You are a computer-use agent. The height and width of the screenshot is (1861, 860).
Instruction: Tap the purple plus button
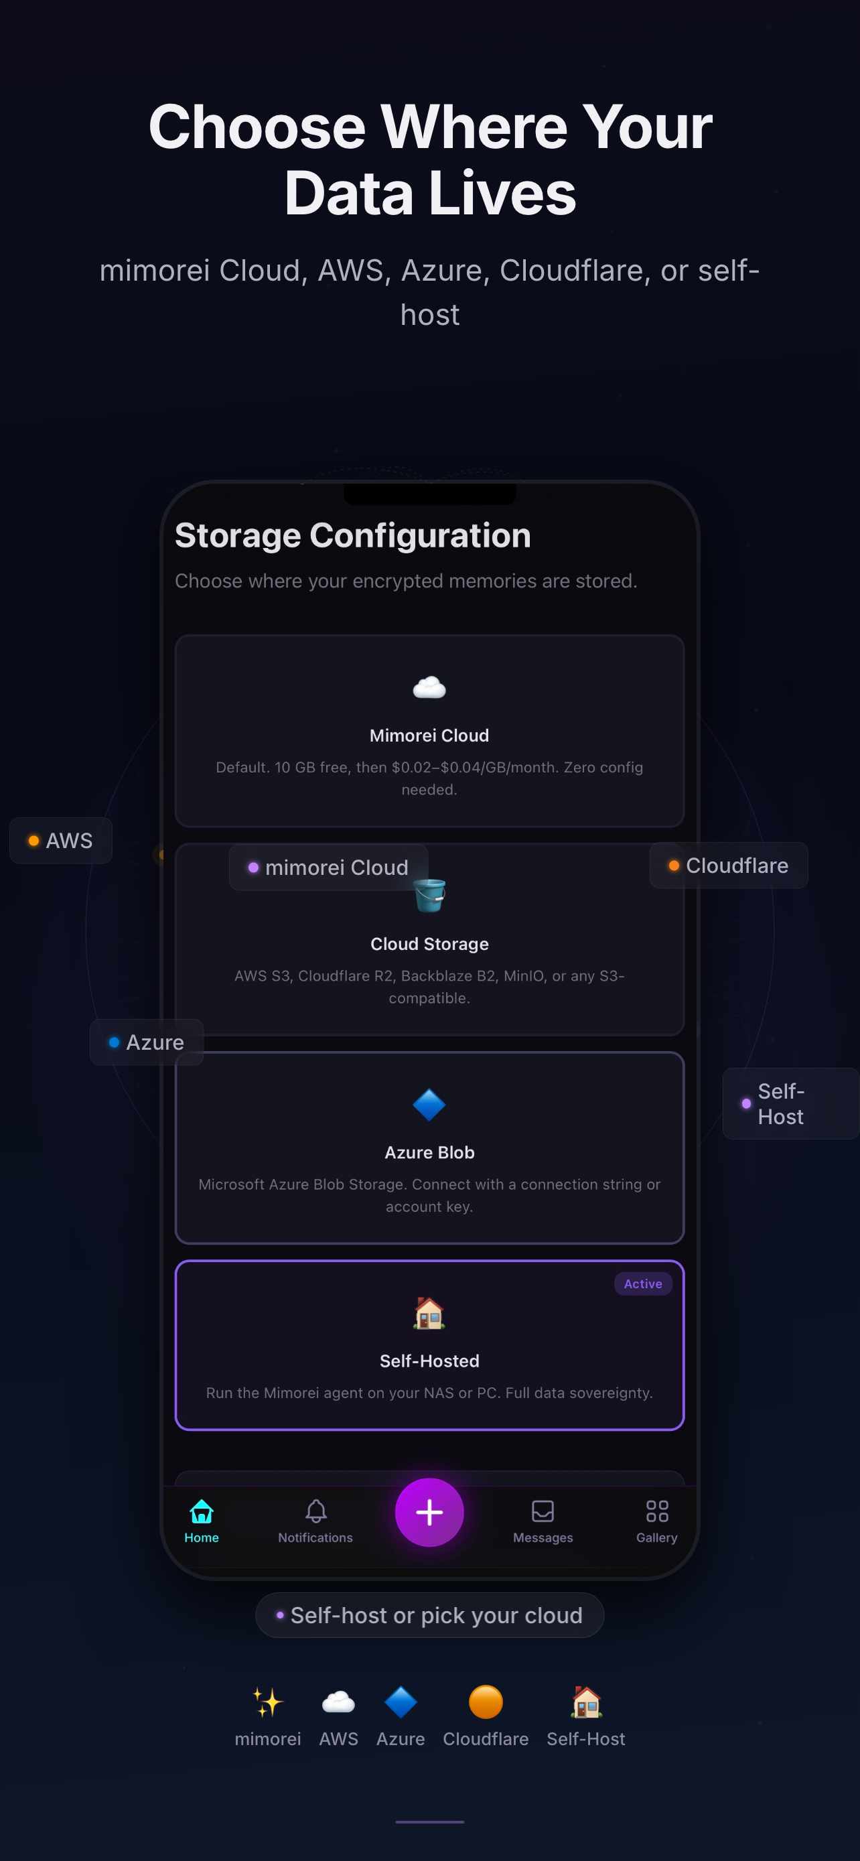click(x=429, y=1512)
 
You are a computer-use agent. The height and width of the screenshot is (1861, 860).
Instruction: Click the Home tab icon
click(x=202, y=1511)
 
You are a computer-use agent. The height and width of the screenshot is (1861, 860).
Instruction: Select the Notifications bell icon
click(x=315, y=1511)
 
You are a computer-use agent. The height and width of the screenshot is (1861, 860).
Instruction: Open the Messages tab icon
click(x=543, y=1511)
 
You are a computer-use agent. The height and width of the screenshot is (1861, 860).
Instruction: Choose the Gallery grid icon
click(x=657, y=1511)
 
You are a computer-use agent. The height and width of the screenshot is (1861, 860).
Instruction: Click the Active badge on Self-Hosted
click(x=642, y=1284)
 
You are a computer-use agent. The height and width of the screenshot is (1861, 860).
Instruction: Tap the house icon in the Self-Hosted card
click(x=429, y=1312)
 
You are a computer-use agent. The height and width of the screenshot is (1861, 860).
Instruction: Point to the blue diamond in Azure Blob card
click(x=429, y=1105)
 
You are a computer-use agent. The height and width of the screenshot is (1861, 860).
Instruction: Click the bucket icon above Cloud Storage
click(x=429, y=896)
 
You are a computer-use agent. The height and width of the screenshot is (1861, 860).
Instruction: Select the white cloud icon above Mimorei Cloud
click(x=429, y=687)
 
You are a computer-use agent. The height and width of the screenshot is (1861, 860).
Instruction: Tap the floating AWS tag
click(x=61, y=841)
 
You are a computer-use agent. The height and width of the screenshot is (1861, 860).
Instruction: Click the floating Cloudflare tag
click(x=729, y=866)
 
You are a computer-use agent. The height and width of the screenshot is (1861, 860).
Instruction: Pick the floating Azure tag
click(x=147, y=1042)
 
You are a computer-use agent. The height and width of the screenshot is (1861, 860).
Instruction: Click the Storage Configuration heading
click(x=352, y=535)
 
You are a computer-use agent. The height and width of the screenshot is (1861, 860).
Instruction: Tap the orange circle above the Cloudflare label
click(x=485, y=1703)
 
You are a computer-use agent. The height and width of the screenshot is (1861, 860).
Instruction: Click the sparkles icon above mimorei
click(x=268, y=1703)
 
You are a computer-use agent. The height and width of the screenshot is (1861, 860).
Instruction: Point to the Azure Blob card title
click(x=429, y=1152)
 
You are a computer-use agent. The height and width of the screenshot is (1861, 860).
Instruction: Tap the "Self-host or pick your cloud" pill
click(x=429, y=1615)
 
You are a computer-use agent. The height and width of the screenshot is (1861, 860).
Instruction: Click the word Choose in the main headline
click(x=257, y=127)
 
